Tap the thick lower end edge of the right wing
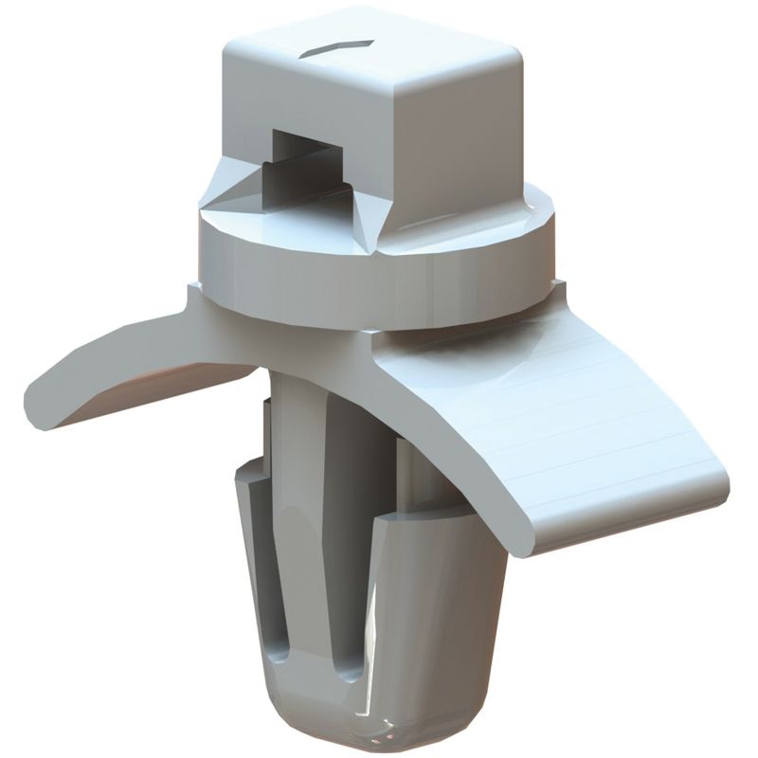click(x=616, y=526)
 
